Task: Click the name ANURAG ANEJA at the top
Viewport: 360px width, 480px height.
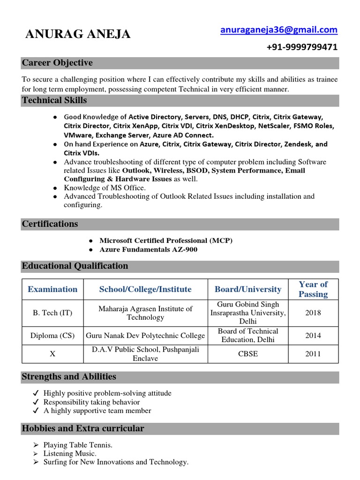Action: pos(78,34)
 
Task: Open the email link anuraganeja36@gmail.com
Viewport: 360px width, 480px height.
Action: pos(278,30)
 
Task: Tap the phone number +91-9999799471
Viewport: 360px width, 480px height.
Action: pos(301,47)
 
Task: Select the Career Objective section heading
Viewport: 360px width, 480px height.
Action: pos(57,63)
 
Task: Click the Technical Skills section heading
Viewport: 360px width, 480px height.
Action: pos(54,100)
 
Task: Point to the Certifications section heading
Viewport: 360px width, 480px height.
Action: pos(50,224)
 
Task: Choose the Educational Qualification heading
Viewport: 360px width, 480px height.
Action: pos(75,266)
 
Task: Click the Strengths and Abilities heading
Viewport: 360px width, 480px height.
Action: pos(69,377)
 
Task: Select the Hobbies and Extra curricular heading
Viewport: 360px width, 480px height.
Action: pos(83,428)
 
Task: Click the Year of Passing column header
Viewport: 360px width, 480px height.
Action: pos(313,289)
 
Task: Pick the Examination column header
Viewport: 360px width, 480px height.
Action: pos(52,289)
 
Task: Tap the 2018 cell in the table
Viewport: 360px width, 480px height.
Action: pos(313,313)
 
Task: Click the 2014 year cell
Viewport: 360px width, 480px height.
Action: pos(313,336)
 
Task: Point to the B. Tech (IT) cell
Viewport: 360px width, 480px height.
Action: pos(52,313)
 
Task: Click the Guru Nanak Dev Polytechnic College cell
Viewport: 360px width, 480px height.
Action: pos(145,336)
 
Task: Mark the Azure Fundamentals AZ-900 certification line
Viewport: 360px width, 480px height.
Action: pos(148,249)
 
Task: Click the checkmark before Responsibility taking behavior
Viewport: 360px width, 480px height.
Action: pos(36,402)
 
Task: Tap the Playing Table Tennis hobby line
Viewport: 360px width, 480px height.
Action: pos(78,445)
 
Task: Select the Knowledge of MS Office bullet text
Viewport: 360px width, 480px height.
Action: pos(105,187)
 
